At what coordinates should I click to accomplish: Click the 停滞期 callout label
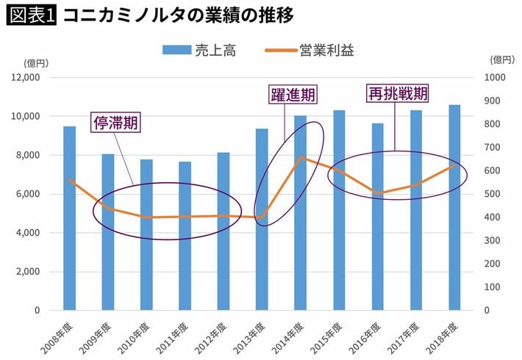click(115, 123)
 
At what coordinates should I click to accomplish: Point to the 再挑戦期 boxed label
click(398, 93)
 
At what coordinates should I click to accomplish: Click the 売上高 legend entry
click(192, 50)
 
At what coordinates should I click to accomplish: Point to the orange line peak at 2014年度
click(300, 158)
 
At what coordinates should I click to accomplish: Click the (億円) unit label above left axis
click(35, 62)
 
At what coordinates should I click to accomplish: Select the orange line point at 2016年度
click(377, 193)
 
